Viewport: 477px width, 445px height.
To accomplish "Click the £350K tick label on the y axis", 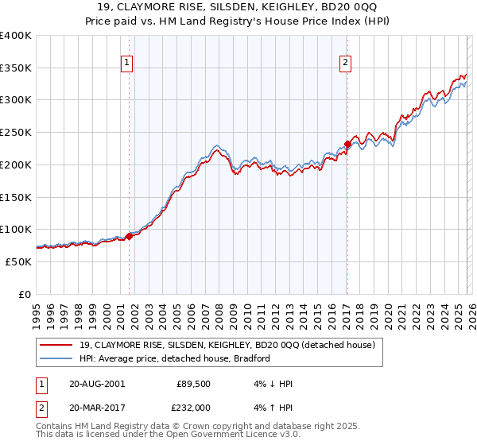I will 16,68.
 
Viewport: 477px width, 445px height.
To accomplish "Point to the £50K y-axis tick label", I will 18,261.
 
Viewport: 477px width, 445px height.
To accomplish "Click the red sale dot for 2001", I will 129,236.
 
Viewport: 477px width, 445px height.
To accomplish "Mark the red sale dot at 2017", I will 347,145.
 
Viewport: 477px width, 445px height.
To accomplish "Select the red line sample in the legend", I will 56,345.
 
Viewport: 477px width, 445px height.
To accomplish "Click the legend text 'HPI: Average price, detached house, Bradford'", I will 175,358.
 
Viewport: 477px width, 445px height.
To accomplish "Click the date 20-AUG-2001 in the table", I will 97,383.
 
